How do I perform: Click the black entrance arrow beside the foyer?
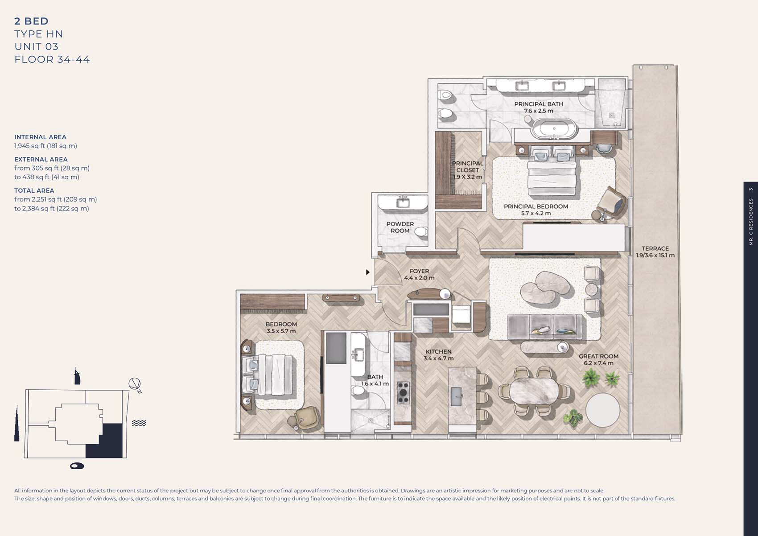coord(367,272)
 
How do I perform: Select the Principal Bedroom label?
coord(536,206)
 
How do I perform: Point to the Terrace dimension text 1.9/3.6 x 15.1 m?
coord(655,256)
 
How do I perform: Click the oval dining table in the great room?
coord(534,391)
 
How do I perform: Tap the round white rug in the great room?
coord(603,410)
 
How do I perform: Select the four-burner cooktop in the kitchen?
coord(403,392)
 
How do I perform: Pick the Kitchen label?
coord(439,351)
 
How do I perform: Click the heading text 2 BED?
coord(32,21)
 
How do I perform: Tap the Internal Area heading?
coord(40,137)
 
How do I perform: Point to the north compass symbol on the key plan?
coord(135,384)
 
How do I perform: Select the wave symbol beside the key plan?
coord(139,423)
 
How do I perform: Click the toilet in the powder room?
coord(422,232)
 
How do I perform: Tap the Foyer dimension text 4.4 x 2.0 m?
coord(419,278)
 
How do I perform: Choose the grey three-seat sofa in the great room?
coord(544,326)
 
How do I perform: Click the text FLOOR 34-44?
coord(52,59)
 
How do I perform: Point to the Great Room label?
coord(599,356)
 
